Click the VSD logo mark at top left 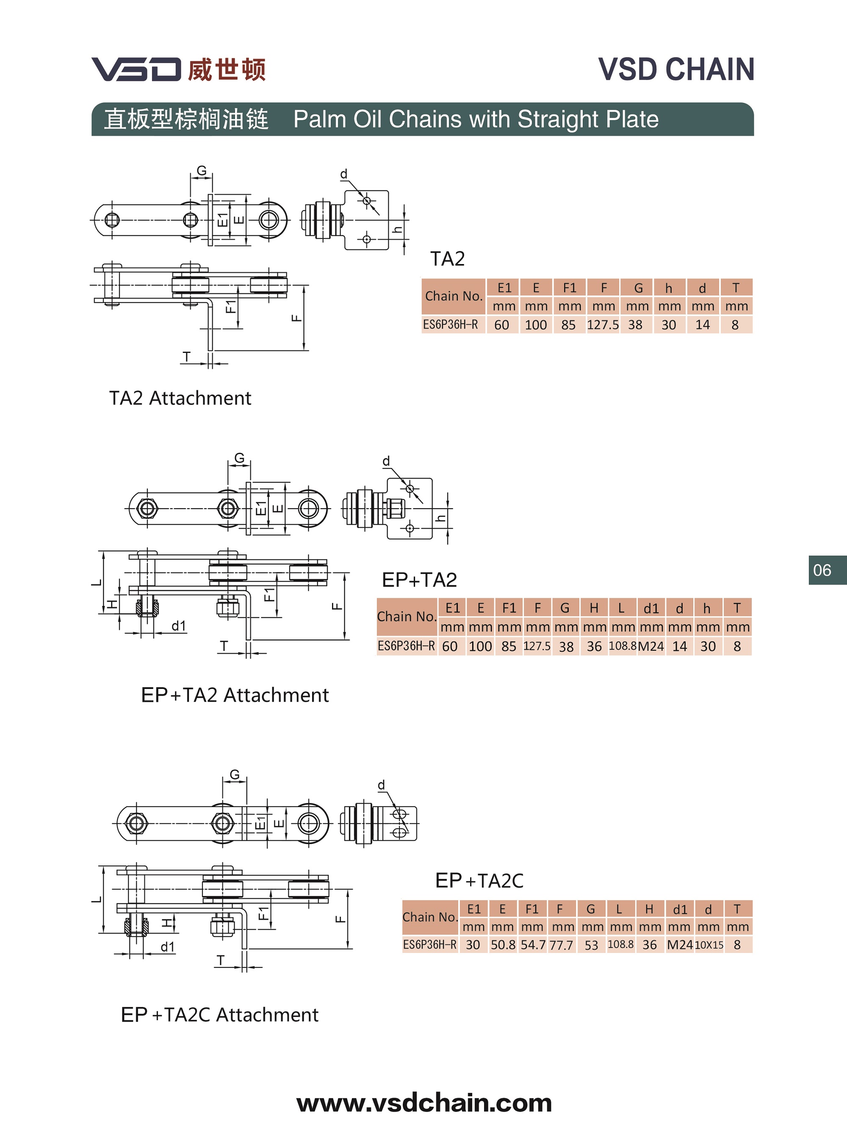pos(136,69)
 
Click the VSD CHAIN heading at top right pos(676,69)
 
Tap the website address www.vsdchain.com pos(424,1103)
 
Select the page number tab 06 pos(822,570)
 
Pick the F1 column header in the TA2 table pos(569,288)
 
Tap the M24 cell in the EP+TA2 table pos(650,647)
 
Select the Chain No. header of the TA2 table pos(453,296)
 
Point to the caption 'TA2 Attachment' pos(180,398)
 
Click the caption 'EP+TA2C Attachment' pos(219,1014)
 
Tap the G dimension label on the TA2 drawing pos(202,171)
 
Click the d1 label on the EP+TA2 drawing pos(178,625)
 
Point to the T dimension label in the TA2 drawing pos(187,356)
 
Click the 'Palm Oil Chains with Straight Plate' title pos(476,119)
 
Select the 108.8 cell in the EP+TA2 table pos(623,646)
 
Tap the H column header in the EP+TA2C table pos(649,909)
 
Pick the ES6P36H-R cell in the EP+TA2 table pos(406,646)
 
